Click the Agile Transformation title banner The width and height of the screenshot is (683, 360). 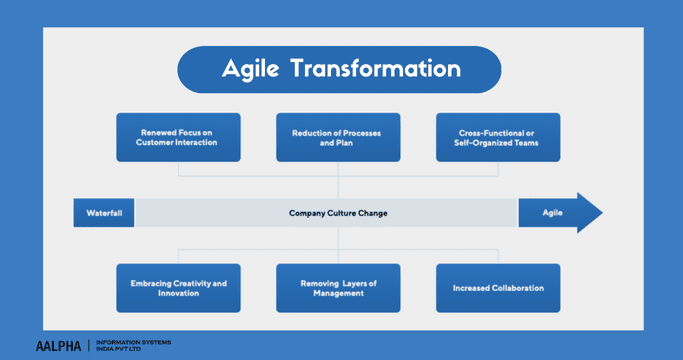tap(339, 69)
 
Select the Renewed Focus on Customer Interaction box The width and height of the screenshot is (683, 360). tap(178, 137)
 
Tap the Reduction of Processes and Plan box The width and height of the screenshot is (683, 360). tap(338, 137)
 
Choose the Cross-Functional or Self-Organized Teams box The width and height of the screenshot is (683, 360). tap(498, 137)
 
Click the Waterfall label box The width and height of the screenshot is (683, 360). tap(104, 213)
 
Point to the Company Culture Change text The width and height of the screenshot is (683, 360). tap(338, 213)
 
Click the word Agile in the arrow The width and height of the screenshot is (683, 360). tap(552, 213)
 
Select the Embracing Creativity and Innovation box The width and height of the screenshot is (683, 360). tap(178, 288)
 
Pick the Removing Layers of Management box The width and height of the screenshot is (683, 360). tap(338, 288)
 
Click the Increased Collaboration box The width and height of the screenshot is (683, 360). tap(498, 288)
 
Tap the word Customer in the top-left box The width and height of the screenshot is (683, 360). tap(159, 143)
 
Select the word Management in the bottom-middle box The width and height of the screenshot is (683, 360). tap(338, 294)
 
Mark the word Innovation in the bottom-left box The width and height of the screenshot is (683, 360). tap(178, 294)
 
